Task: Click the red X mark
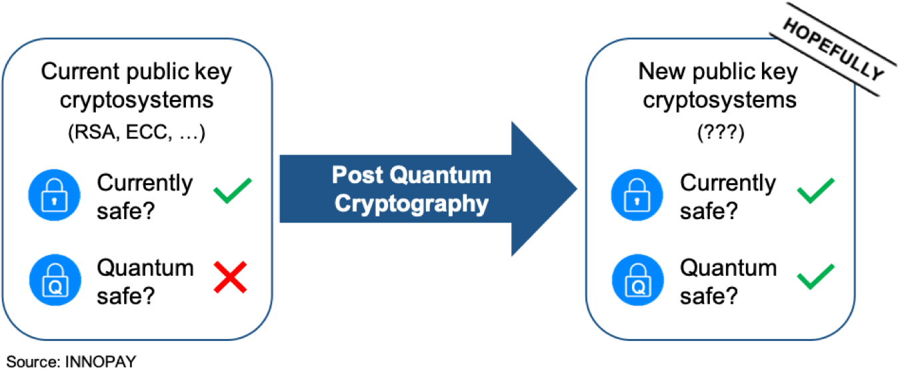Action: (231, 277)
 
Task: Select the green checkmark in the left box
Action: (232, 190)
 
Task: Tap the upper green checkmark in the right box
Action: (815, 190)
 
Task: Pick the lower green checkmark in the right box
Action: (815, 276)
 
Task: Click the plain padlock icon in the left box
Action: (54, 195)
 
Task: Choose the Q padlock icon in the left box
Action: (54, 278)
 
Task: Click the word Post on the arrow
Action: (357, 175)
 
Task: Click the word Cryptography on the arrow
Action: (411, 204)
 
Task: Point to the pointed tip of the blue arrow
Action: (576, 189)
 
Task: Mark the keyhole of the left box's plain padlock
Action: (54, 199)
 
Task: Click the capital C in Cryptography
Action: (343, 202)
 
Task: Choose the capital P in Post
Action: (339, 175)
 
